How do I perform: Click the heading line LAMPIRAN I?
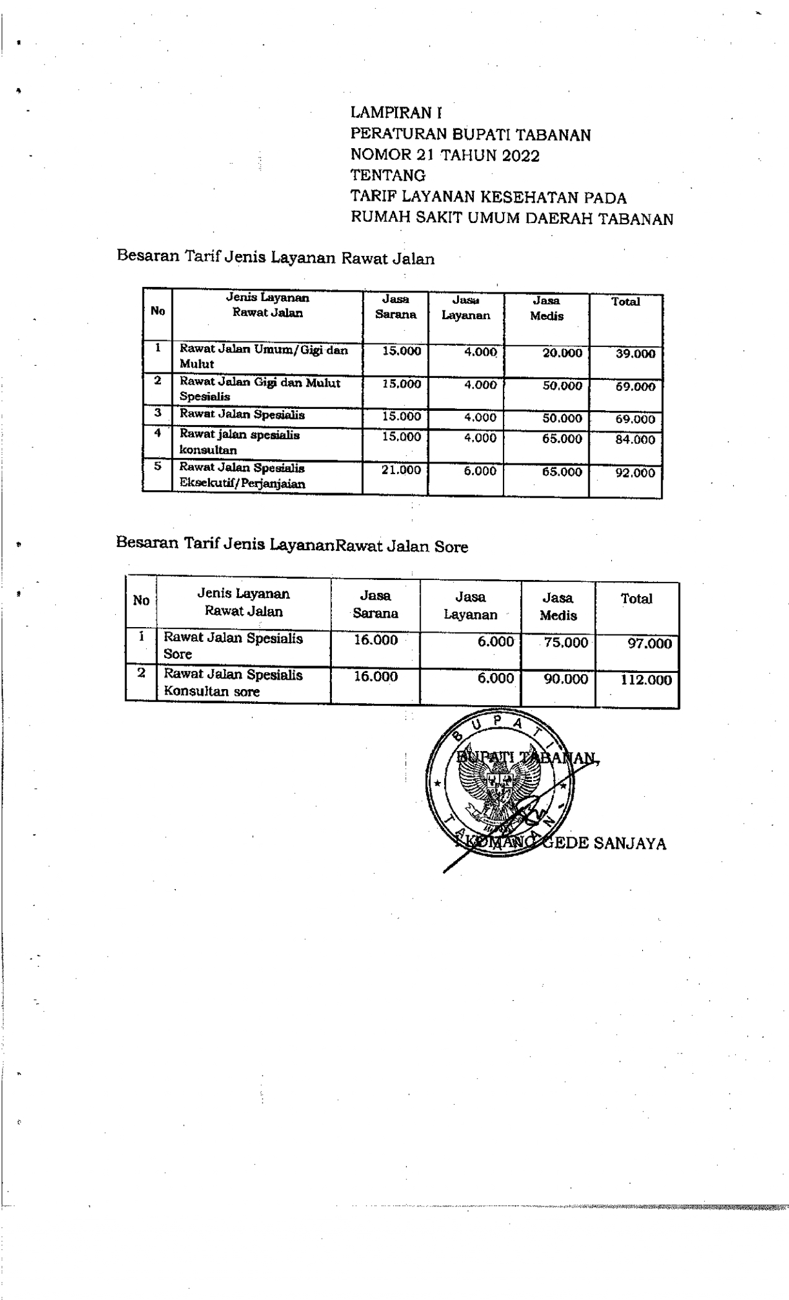396,113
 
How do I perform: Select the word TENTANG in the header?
388,176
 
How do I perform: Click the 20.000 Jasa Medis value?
562,353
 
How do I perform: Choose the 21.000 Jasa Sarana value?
401,470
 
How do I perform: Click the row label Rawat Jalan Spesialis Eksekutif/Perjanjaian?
242,476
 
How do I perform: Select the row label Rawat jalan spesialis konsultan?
239,442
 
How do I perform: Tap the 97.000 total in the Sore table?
649,644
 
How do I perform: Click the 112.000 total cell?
646,680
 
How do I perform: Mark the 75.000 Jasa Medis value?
565,643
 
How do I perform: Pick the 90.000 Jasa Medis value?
565,680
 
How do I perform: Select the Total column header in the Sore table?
636,599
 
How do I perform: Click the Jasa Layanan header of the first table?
466,308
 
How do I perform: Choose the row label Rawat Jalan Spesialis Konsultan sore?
233,683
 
